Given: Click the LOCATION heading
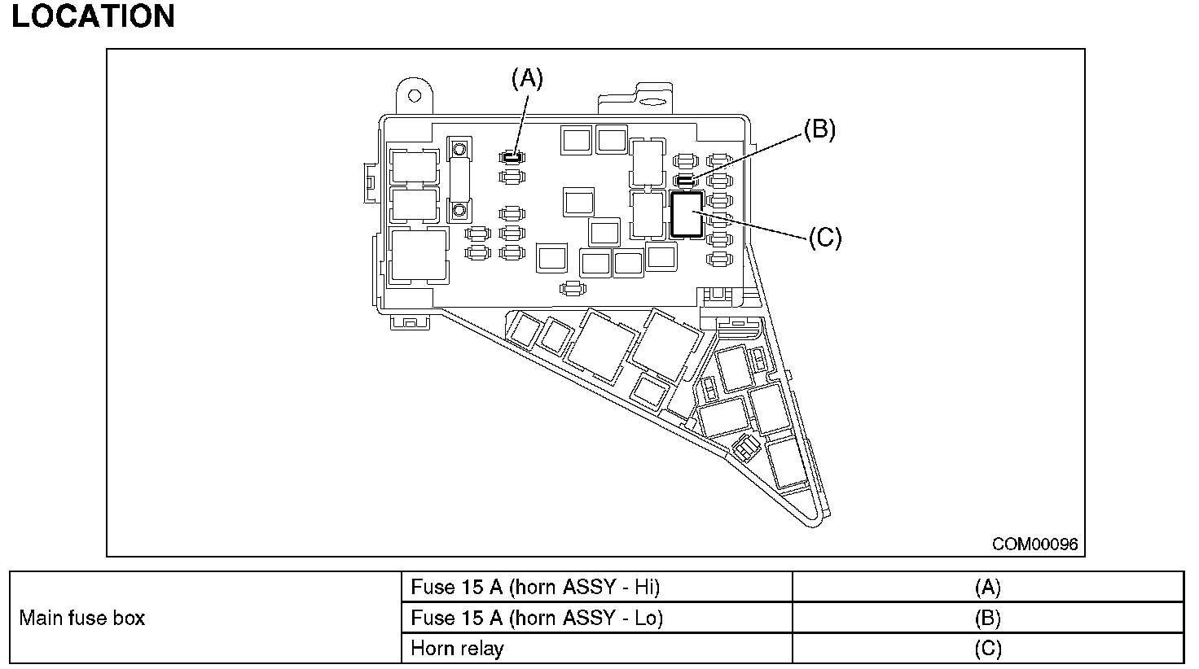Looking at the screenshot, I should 93,16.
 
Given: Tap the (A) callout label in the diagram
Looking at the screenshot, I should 526,78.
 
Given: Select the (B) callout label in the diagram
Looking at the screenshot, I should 819,129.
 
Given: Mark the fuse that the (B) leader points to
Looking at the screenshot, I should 685,178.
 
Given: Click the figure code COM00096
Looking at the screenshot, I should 1034,544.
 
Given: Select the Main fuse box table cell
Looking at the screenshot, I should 81,618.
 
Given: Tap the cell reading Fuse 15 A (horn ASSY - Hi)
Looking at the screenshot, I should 535,587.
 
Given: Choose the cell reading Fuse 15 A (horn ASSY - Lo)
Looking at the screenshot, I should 537,618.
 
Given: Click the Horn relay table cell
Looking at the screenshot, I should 457,649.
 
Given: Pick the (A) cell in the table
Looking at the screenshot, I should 987,587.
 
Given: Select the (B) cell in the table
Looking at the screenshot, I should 987,618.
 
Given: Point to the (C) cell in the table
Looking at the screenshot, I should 987,649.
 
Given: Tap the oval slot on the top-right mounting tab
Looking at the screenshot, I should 652,103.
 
